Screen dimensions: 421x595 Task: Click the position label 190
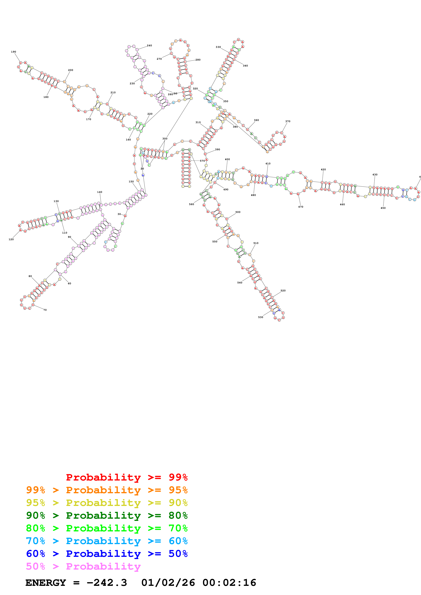(x=13, y=52)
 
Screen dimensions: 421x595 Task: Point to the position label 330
(x=218, y=47)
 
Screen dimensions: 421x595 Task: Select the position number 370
(x=288, y=121)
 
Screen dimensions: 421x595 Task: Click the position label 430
(x=375, y=175)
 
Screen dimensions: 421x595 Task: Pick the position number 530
(x=261, y=317)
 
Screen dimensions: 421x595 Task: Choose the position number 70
(x=45, y=310)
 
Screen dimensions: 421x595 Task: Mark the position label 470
(x=301, y=207)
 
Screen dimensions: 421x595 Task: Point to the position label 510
(x=256, y=243)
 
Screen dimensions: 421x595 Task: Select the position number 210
(x=113, y=92)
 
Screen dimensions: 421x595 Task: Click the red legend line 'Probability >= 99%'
(x=127, y=477)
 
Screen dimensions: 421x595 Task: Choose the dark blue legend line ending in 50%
(x=107, y=554)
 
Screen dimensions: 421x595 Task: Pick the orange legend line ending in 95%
(x=107, y=490)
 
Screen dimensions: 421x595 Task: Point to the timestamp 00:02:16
(x=229, y=583)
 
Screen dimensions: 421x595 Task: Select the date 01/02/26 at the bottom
(x=168, y=583)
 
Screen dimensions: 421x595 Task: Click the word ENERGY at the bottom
(x=46, y=583)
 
